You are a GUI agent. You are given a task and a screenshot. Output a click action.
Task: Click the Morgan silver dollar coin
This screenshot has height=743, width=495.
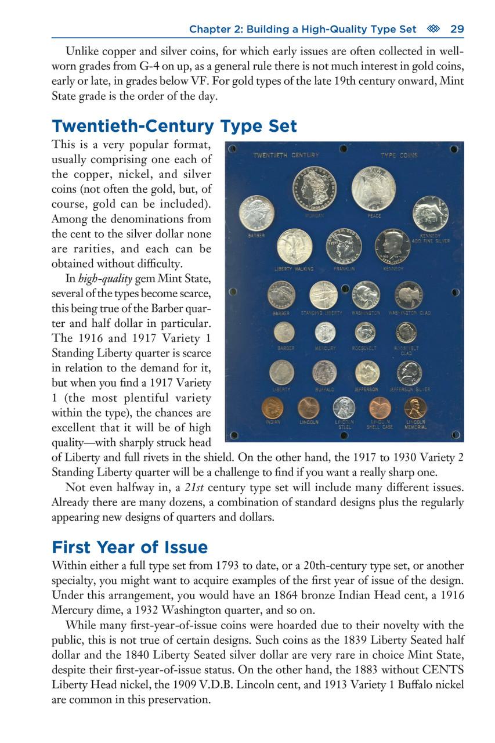click(315, 189)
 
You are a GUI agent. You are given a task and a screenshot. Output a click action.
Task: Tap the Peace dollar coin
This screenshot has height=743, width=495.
click(373, 189)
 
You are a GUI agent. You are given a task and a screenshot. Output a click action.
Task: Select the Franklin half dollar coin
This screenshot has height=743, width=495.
click(344, 246)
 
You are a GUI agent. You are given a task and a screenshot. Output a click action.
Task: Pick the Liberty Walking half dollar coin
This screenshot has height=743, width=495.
click(294, 246)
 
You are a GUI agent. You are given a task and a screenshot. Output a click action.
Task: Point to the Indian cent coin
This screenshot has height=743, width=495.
click(272, 408)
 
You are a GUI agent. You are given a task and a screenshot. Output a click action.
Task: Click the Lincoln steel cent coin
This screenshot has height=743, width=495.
click(344, 408)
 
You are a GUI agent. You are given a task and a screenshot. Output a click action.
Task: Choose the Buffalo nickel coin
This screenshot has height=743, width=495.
click(324, 373)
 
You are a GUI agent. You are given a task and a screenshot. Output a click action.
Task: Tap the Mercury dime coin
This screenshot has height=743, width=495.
click(325, 332)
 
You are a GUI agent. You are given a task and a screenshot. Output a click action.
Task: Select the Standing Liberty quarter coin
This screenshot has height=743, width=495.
click(323, 295)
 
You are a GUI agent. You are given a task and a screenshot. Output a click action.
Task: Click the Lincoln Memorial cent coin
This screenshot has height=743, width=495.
click(415, 408)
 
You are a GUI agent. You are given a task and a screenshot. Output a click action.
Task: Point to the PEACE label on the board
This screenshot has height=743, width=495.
click(374, 216)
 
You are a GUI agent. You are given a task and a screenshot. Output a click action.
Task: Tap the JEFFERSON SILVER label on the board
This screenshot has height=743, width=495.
click(409, 389)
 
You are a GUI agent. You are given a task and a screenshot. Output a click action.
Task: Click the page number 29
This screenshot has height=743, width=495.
click(457, 29)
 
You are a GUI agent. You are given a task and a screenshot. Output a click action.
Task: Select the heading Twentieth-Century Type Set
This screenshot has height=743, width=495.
click(174, 126)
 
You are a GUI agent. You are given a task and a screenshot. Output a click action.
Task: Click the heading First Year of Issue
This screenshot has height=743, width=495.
click(129, 547)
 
